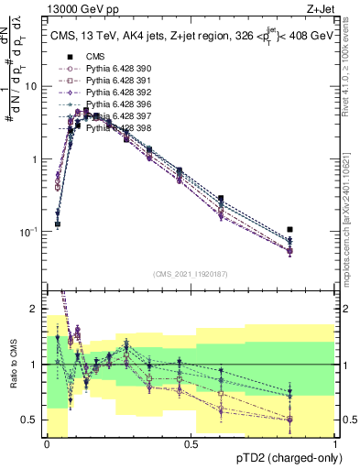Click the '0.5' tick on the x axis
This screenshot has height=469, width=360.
(191, 444)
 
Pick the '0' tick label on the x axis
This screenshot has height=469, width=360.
(47, 444)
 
